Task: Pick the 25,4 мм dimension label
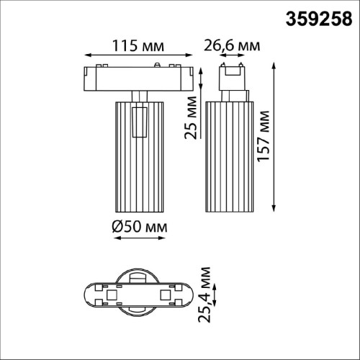[207, 295]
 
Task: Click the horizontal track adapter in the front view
[138, 78]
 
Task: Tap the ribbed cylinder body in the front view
[139, 155]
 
